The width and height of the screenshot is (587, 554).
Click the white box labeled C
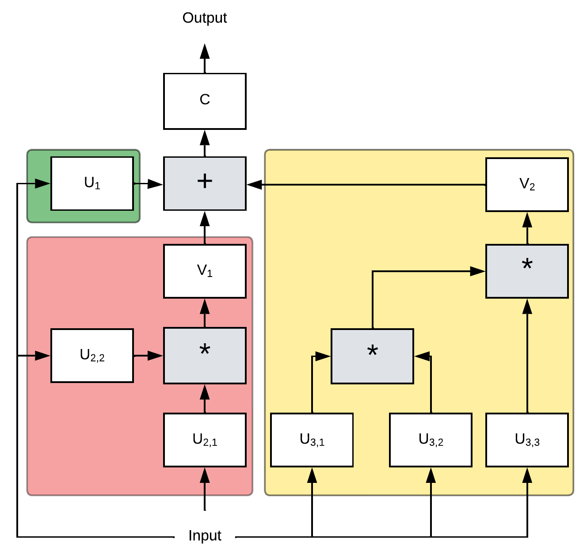[x=205, y=101]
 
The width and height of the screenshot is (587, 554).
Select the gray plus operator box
[x=205, y=183]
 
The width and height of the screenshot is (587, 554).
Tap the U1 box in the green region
[x=92, y=183]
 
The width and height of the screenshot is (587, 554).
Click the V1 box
[x=205, y=271]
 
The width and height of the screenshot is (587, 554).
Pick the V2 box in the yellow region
[x=527, y=185]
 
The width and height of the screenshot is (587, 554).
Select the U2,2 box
[x=92, y=356]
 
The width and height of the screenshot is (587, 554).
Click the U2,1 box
[x=205, y=440]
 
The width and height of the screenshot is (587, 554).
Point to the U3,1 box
[x=312, y=440]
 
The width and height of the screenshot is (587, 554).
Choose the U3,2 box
[x=431, y=440]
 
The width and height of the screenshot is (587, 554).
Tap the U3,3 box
[x=527, y=440]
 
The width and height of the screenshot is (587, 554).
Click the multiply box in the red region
[x=205, y=356]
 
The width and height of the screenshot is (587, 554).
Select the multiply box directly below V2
[x=527, y=271]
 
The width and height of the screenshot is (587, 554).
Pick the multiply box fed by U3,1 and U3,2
[x=372, y=356]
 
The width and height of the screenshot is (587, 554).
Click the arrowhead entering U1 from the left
[x=43, y=183]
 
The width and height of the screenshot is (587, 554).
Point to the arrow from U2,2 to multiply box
[x=149, y=356]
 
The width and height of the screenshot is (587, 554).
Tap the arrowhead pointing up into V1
[x=205, y=306]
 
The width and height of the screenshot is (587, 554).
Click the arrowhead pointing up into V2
[x=527, y=220]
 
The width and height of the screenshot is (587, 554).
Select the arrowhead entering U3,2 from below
[x=431, y=475]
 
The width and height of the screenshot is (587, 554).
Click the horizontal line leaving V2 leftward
[x=376, y=185]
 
